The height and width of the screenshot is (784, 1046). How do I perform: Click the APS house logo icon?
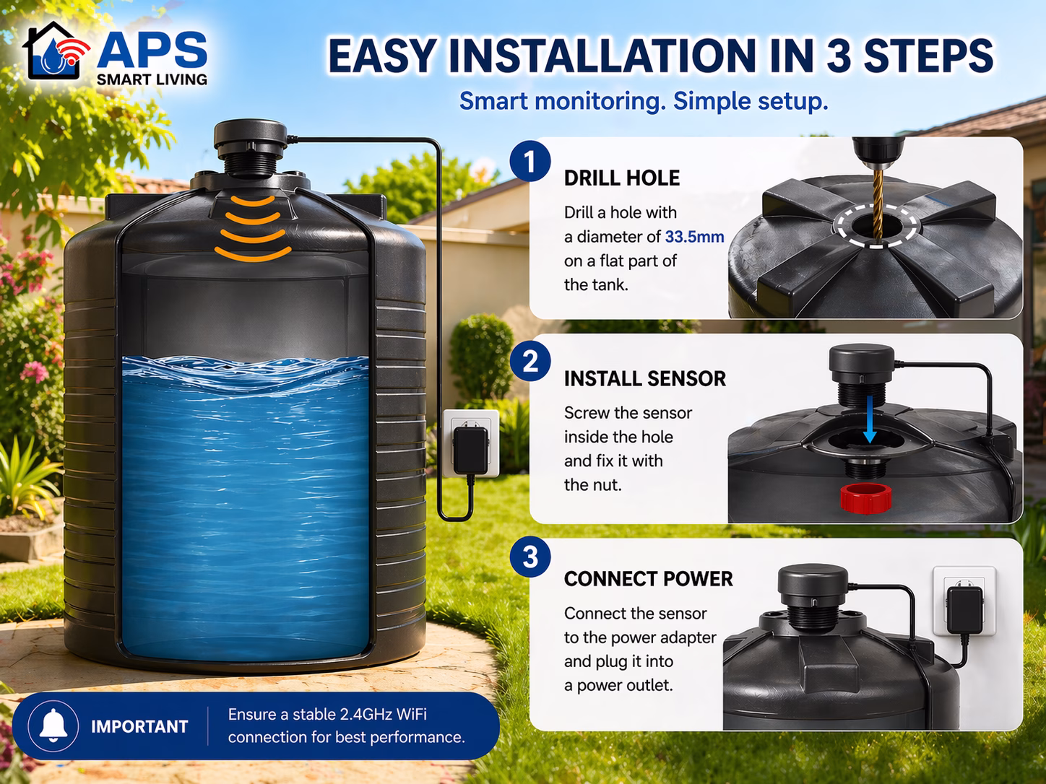point(56,51)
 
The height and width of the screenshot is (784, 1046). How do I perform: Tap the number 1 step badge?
point(530,161)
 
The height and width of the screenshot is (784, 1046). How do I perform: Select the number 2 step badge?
point(530,361)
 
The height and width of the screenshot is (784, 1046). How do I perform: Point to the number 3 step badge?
point(530,557)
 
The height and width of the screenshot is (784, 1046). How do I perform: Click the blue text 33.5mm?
point(694,237)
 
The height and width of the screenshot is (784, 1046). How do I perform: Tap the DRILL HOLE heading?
point(622,178)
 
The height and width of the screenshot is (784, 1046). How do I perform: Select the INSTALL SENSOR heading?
point(645,379)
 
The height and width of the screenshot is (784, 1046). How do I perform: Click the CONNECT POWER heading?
point(648,579)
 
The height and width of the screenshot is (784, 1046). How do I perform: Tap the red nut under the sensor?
point(865,498)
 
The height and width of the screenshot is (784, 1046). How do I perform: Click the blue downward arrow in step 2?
point(870,419)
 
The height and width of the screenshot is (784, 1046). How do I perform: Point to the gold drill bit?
point(877,205)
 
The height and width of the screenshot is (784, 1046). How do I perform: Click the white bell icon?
point(53,726)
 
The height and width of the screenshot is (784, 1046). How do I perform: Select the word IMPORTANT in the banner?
point(139,726)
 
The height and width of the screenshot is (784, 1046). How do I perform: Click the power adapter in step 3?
point(964,610)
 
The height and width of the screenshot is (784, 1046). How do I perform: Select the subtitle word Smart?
point(493,101)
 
